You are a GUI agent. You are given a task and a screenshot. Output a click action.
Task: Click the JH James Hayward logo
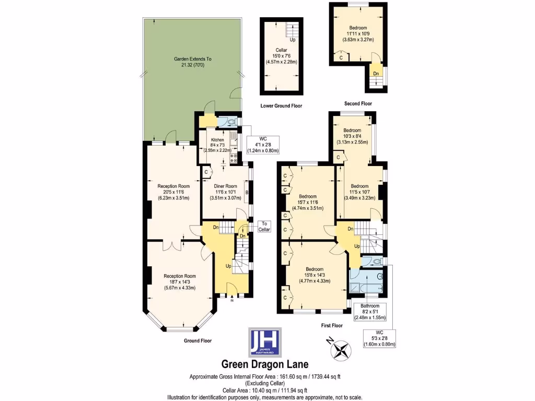click(x=264, y=342)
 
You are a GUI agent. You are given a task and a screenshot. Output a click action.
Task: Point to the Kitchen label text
click(x=217, y=140)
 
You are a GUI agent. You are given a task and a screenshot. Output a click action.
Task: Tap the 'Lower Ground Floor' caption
click(x=281, y=106)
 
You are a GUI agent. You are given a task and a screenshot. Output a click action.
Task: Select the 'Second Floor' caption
click(x=358, y=103)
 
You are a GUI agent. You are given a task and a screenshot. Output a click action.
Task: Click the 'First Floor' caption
click(x=331, y=325)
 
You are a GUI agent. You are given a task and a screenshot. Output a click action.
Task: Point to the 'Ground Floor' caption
click(x=197, y=340)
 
